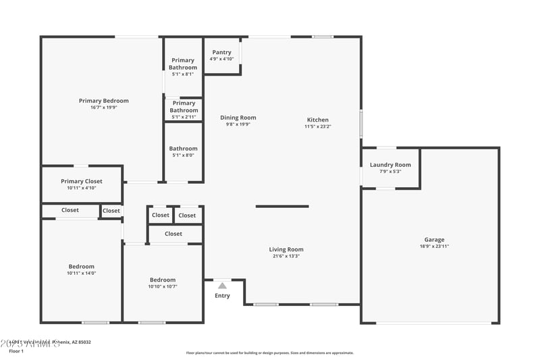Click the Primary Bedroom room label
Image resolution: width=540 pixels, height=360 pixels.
coord(103,101)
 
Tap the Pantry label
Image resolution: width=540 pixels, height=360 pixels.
coord(222,52)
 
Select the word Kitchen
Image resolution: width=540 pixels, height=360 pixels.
coord(318,120)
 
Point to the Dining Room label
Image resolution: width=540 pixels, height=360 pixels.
coord(238,118)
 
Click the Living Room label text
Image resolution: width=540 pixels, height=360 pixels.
coord(287,249)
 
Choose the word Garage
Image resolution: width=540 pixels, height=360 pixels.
coord(434,240)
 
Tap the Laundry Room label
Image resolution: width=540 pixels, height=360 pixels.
coord(391,165)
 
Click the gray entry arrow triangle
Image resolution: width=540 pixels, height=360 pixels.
coord(222,286)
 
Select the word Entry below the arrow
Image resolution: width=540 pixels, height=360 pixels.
coord(222,296)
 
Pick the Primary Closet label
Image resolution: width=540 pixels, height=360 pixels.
coord(82,181)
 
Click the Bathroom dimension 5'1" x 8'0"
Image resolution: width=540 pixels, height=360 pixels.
coord(184,155)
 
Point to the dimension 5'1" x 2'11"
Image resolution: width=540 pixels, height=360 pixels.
coord(184,117)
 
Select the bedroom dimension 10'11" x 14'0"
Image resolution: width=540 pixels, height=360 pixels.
coord(82,273)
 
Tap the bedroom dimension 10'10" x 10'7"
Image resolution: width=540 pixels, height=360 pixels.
coord(163,286)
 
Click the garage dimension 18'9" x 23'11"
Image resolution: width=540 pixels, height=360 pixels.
coord(434,247)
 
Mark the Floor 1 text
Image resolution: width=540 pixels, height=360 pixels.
coord(16,351)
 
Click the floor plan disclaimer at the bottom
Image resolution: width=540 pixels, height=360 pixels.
coord(269,353)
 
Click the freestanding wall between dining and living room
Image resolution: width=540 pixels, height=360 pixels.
coord(282,207)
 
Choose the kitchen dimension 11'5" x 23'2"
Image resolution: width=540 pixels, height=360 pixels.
coord(318,126)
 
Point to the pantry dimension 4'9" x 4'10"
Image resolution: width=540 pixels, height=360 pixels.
coord(222,59)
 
